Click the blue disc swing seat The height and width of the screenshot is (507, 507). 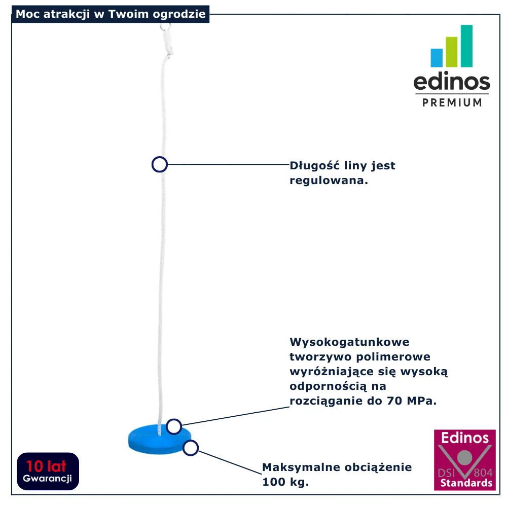[x=159, y=439]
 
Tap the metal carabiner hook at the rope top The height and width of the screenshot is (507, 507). [x=167, y=41]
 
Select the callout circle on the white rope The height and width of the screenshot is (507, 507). [x=159, y=164]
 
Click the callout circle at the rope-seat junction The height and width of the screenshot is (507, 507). [x=173, y=426]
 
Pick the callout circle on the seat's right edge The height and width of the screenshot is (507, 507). [x=191, y=448]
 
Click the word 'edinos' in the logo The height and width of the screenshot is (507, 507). [x=452, y=81]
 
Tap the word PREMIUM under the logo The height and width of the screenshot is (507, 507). [x=452, y=102]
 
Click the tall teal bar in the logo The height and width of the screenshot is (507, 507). [x=466, y=46]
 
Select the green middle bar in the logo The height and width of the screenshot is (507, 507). [x=451, y=52]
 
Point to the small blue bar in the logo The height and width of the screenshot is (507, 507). [x=437, y=58]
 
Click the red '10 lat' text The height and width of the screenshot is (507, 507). [x=46, y=466]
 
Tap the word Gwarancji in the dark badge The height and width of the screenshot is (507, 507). [x=47, y=479]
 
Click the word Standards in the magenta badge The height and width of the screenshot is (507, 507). [x=466, y=483]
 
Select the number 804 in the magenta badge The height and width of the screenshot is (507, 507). [x=483, y=473]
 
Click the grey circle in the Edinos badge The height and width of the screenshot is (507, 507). [x=464, y=457]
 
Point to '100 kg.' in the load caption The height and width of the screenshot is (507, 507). [x=285, y=482]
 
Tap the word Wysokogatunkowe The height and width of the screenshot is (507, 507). [x=349, y=342]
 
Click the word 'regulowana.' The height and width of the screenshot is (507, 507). [x=329, y=180]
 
